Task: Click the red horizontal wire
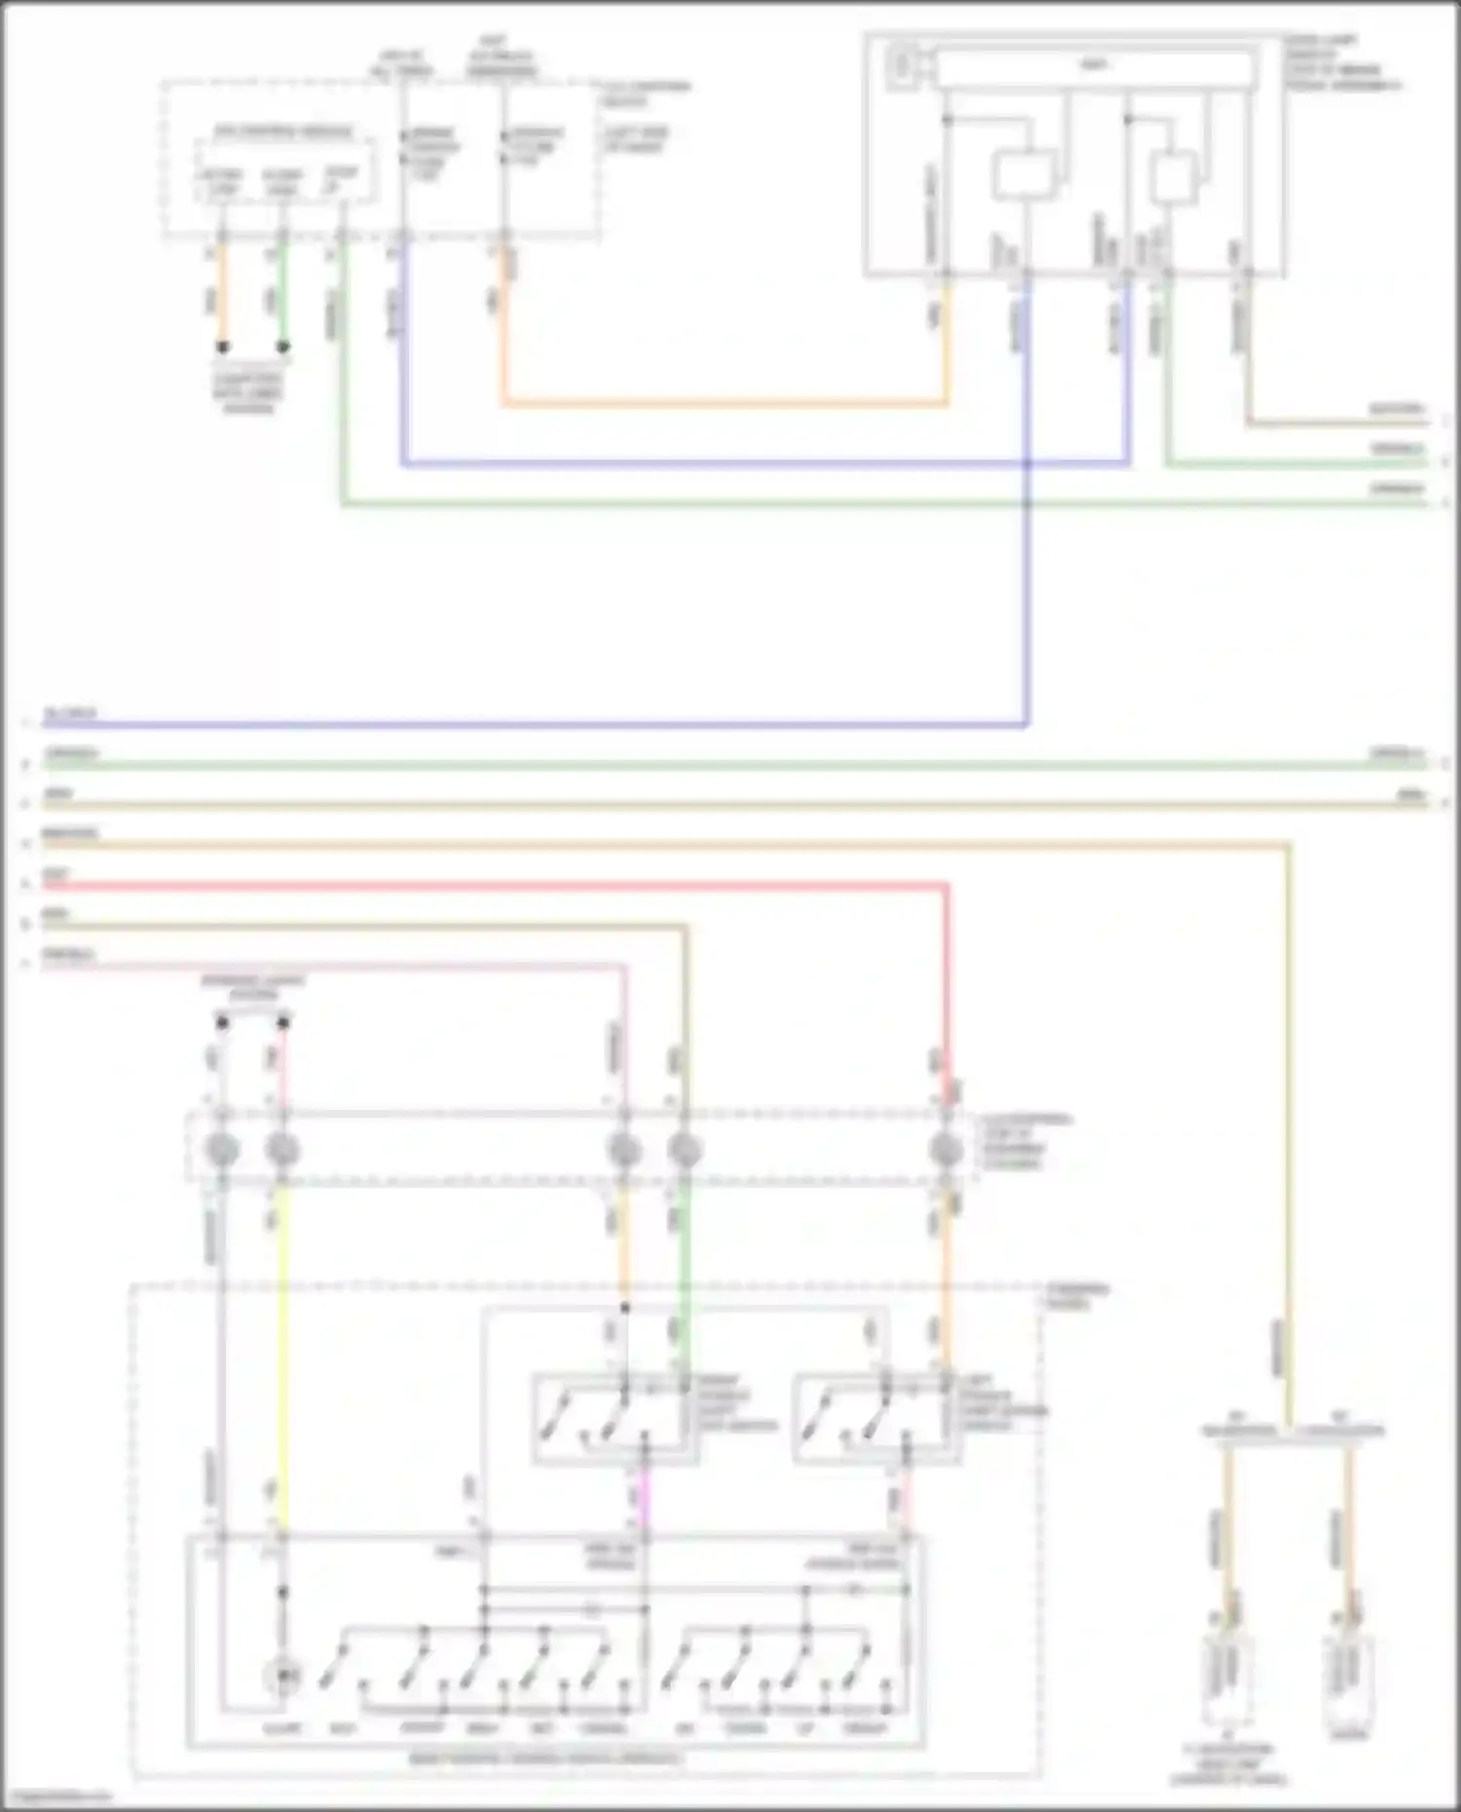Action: click(487, 885)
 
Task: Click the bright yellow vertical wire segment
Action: click(282, 1344)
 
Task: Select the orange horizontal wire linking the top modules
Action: click(721, 402)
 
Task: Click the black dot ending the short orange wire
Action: click(223, 347)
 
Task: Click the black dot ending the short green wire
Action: click(282, 347)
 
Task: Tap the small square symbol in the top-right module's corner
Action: click(902, 65)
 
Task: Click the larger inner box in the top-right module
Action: click(1023, 176)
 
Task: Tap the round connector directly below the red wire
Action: click(945, 1150)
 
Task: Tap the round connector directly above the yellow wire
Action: click(282, 1150)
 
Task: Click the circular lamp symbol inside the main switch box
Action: click(282, 1676)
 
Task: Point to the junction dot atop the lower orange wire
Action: click(624, 1308)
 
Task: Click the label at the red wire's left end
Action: click(56, 874)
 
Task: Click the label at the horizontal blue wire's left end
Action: click(68, 714)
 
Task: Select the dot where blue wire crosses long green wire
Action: click(1027, 503)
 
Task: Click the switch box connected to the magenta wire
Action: click(614, 1418)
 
